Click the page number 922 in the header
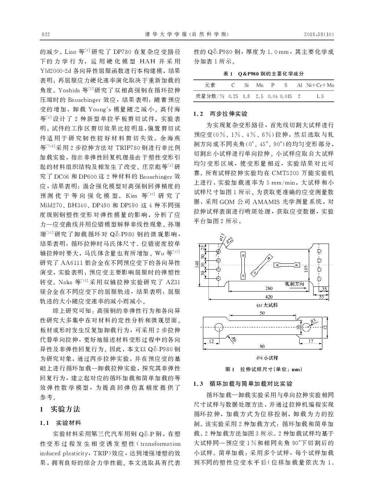[x=46, y=34]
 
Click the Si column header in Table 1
[x=247, y=85]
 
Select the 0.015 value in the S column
[x=286, y=96]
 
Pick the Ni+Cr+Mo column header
[x=320, y=85]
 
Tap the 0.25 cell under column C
[x=233, y=96]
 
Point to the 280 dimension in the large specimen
[x=269, y=289]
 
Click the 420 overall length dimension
[x=269, y=297]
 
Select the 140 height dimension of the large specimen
[x=197, y=264]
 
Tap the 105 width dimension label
[x=306, y=268]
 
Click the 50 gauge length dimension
[x=262, y=313]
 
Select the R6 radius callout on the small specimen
[x=233, y=340]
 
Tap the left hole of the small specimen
[x=219, y=327]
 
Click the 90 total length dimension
[x=262, y=346]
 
